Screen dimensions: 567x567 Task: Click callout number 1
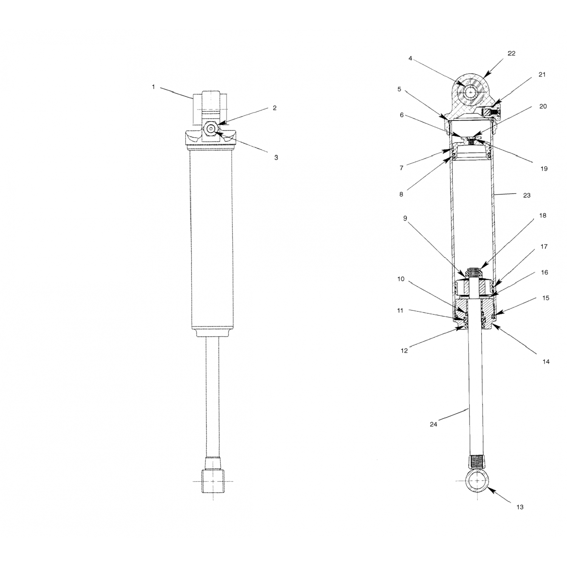tap(153, 87)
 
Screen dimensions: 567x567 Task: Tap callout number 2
tap(275, 108)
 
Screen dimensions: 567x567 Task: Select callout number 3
tap(276, 158)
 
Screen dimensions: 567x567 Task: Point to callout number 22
tap(511, 54)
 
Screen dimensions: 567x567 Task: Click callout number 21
tap(542, 75)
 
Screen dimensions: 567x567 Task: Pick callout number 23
tap(527, 195)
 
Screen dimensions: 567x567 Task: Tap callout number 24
tap(434, 424)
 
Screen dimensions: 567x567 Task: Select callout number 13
tap(520, 507)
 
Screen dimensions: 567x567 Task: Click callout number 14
tap(546, 362)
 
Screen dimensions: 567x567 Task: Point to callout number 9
tap(405, 218)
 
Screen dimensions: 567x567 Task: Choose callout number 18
tap(543, 216)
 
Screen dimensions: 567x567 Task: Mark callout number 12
tap(404, 351)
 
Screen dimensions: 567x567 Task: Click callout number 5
tap(399, 90)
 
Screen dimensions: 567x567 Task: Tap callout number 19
tap(544, 169)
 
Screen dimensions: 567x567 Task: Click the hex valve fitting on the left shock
tap(210, 129)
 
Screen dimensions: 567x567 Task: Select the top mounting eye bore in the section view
tap(471, 92)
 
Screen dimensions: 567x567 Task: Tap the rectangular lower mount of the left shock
tap(212, 481)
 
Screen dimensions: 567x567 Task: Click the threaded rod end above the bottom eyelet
tap(478, 462)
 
